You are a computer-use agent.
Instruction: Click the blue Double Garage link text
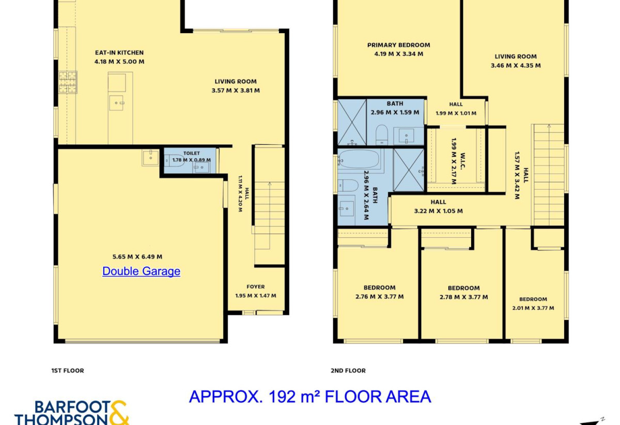coord(141,271)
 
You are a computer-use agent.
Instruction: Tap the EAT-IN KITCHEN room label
coord(119,53)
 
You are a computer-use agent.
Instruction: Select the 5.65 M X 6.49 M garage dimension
coord(137,257)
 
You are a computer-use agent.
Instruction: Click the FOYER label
coord(256,287)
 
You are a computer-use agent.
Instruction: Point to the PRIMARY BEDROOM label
coord(398,45)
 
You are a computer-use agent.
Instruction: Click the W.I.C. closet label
coord(463,161)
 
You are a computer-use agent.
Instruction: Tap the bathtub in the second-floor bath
coord(359,159)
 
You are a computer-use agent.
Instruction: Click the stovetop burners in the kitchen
coord(68,82)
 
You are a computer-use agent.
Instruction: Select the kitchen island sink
coord(116,103)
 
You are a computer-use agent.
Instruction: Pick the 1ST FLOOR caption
coord(68,371)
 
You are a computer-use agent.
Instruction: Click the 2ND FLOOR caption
coord(348,371)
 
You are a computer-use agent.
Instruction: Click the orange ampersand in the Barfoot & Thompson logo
coord(119,413)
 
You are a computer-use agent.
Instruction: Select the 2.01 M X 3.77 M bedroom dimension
coord(533,308)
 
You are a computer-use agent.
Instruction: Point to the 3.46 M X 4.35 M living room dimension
coord(516,66)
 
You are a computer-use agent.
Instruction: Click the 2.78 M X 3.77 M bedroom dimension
coord(464,297)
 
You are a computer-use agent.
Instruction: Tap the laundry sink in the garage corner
coord(150,158)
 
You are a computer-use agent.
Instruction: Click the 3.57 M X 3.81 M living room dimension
coord(236,90)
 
